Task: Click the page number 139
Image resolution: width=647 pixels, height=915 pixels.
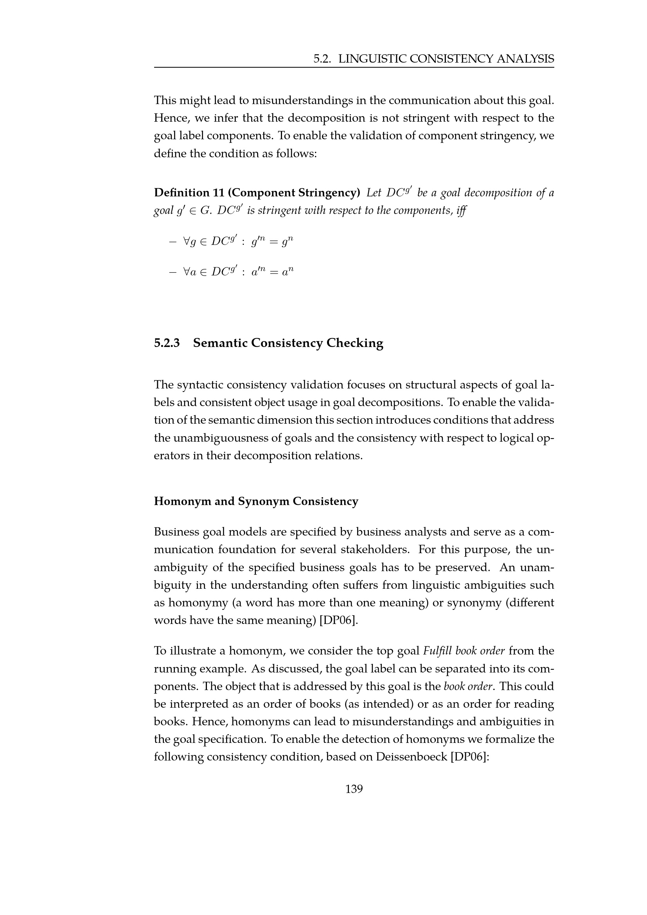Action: tap(354, 789)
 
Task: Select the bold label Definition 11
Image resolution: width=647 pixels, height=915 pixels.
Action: tap(189, 193)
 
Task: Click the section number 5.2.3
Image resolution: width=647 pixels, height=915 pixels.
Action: tap(167, 343)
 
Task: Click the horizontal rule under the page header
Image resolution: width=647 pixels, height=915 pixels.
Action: tap(354, 67)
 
